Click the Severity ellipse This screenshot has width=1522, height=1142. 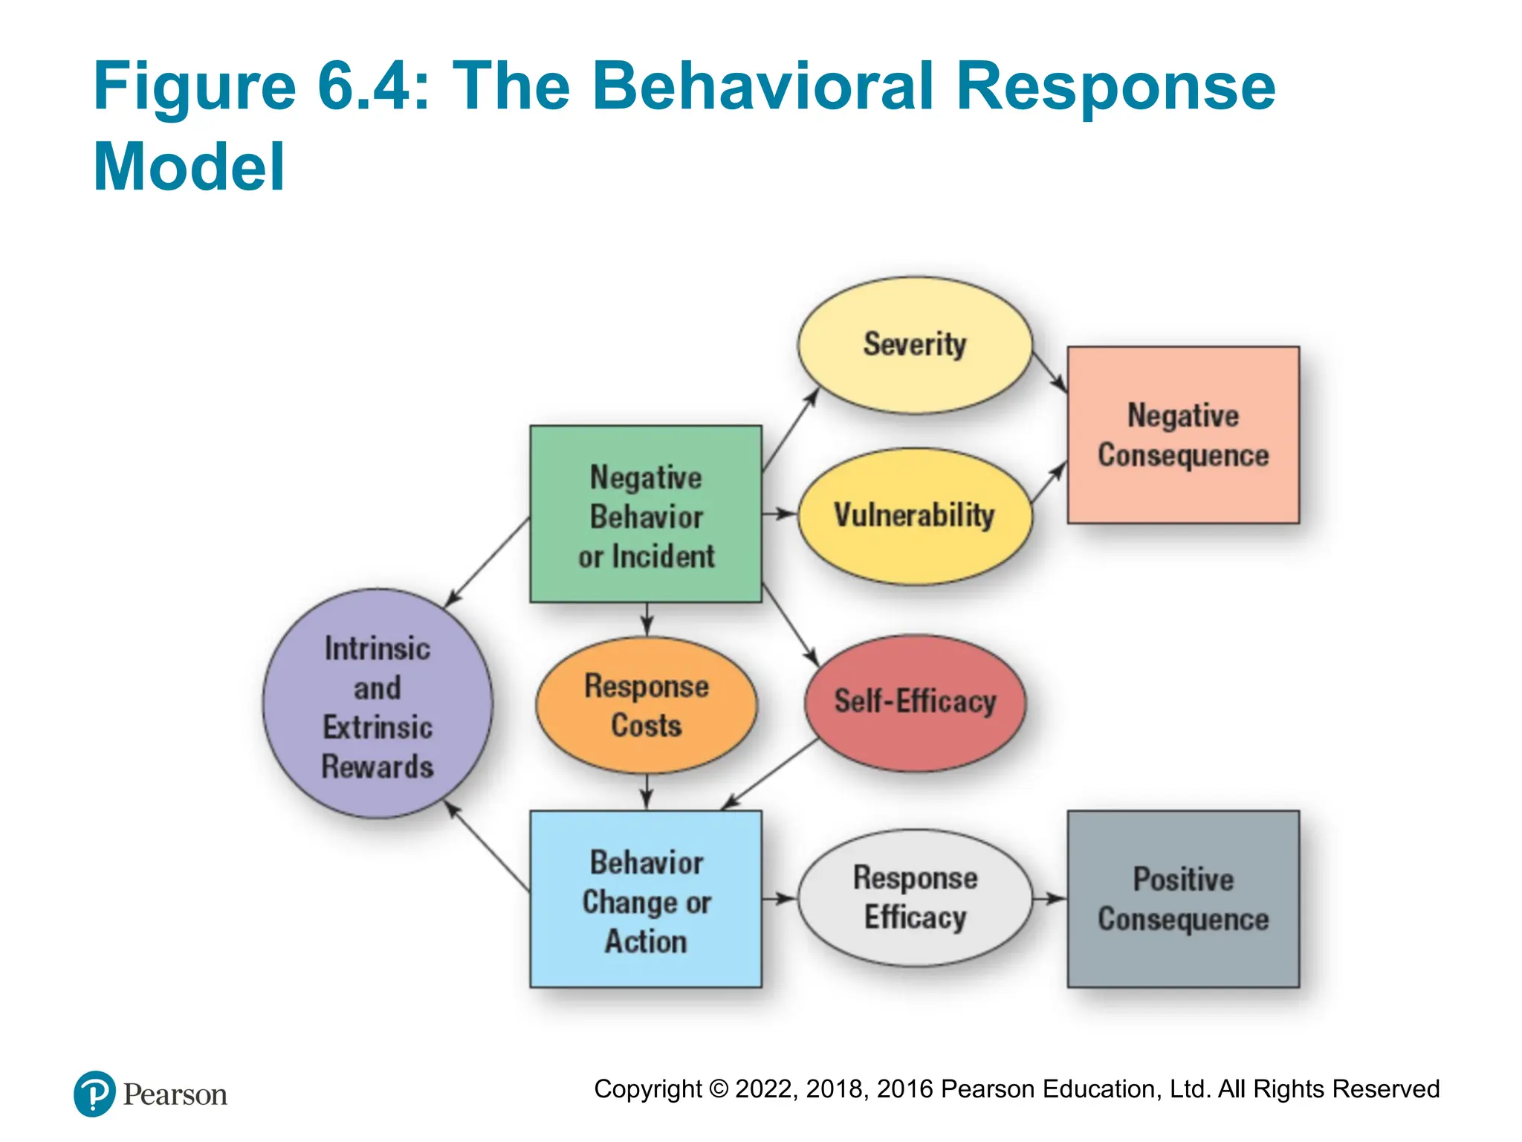click(915, 345)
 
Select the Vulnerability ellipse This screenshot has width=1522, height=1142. click(915, 515)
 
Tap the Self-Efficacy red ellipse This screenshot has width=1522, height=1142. click(915, 702)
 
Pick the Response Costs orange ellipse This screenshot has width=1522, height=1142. click(647, 705)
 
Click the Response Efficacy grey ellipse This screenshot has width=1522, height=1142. click(915, 897)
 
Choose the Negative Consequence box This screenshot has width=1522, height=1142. click(1183, 435)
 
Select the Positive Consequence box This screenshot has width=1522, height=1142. click(1183, 899)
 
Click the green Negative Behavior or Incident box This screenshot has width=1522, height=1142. click(646, 514)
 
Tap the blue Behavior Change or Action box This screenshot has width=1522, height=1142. click(646, 899)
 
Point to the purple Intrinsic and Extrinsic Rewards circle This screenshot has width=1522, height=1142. click(378, 704)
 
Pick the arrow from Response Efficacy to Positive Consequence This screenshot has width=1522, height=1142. click(1049, 899)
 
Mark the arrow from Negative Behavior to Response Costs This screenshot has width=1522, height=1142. click(647, 619)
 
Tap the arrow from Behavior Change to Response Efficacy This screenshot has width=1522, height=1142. click(779, 899)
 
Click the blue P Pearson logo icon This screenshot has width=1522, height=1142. click(94, 1094)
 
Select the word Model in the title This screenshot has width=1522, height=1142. click(189, 167)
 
